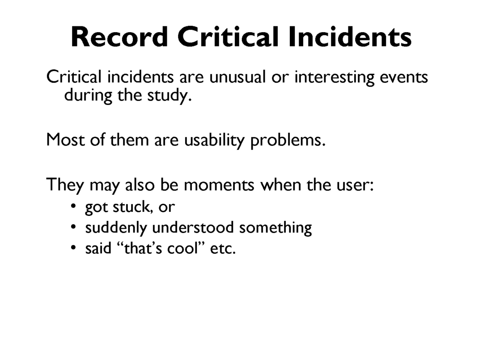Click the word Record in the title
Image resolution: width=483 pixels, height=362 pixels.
click(x=119, y=37)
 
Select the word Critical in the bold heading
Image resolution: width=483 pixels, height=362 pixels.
click(x=228, y=37)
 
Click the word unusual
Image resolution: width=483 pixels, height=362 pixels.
click(x=237, y=77)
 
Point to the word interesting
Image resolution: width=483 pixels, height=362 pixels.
click(x=334, y=77)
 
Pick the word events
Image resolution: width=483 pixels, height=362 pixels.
click(x=403, y=77)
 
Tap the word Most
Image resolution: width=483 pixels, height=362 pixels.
click(x=65, y=140)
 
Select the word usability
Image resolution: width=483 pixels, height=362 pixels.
click(x=214, y=140)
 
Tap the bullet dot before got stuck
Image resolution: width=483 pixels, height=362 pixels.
click(x=73, y=206)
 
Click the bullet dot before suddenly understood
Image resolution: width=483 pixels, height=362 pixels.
click(x=73, y=227)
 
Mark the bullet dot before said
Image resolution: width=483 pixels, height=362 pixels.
click(x=73, y=247)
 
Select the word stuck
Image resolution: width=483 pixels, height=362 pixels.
click(x=132, y=207)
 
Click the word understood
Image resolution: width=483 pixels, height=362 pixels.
click(x=193, y=228)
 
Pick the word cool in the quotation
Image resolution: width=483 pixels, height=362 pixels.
click(x=182, y=248)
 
